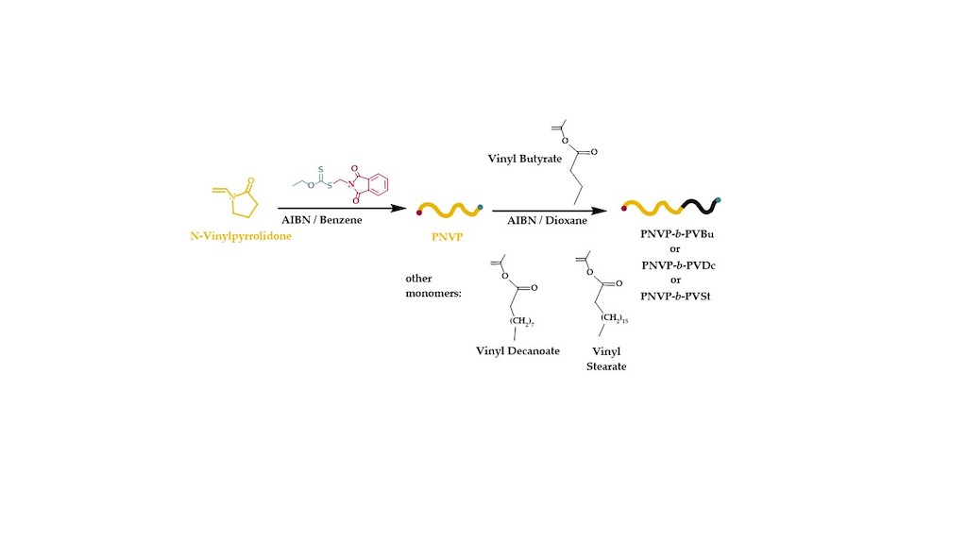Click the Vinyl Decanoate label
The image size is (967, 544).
(518, 350)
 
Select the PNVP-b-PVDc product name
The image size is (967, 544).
(678, 265)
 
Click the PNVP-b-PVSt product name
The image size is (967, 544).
(678, 297)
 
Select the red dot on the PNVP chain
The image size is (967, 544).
(419, 212)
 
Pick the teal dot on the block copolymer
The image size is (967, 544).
(720, 200)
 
